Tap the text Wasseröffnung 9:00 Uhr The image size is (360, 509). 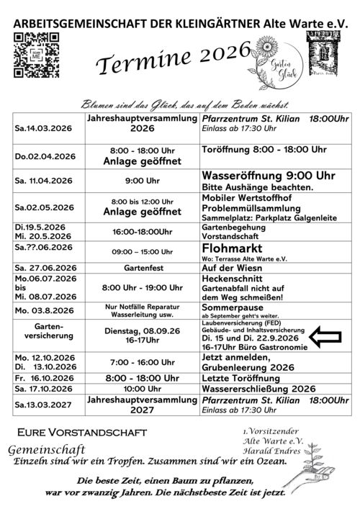pos(269,175)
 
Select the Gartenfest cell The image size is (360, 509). pos(142,267)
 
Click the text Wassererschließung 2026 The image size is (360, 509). pos(258,387)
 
